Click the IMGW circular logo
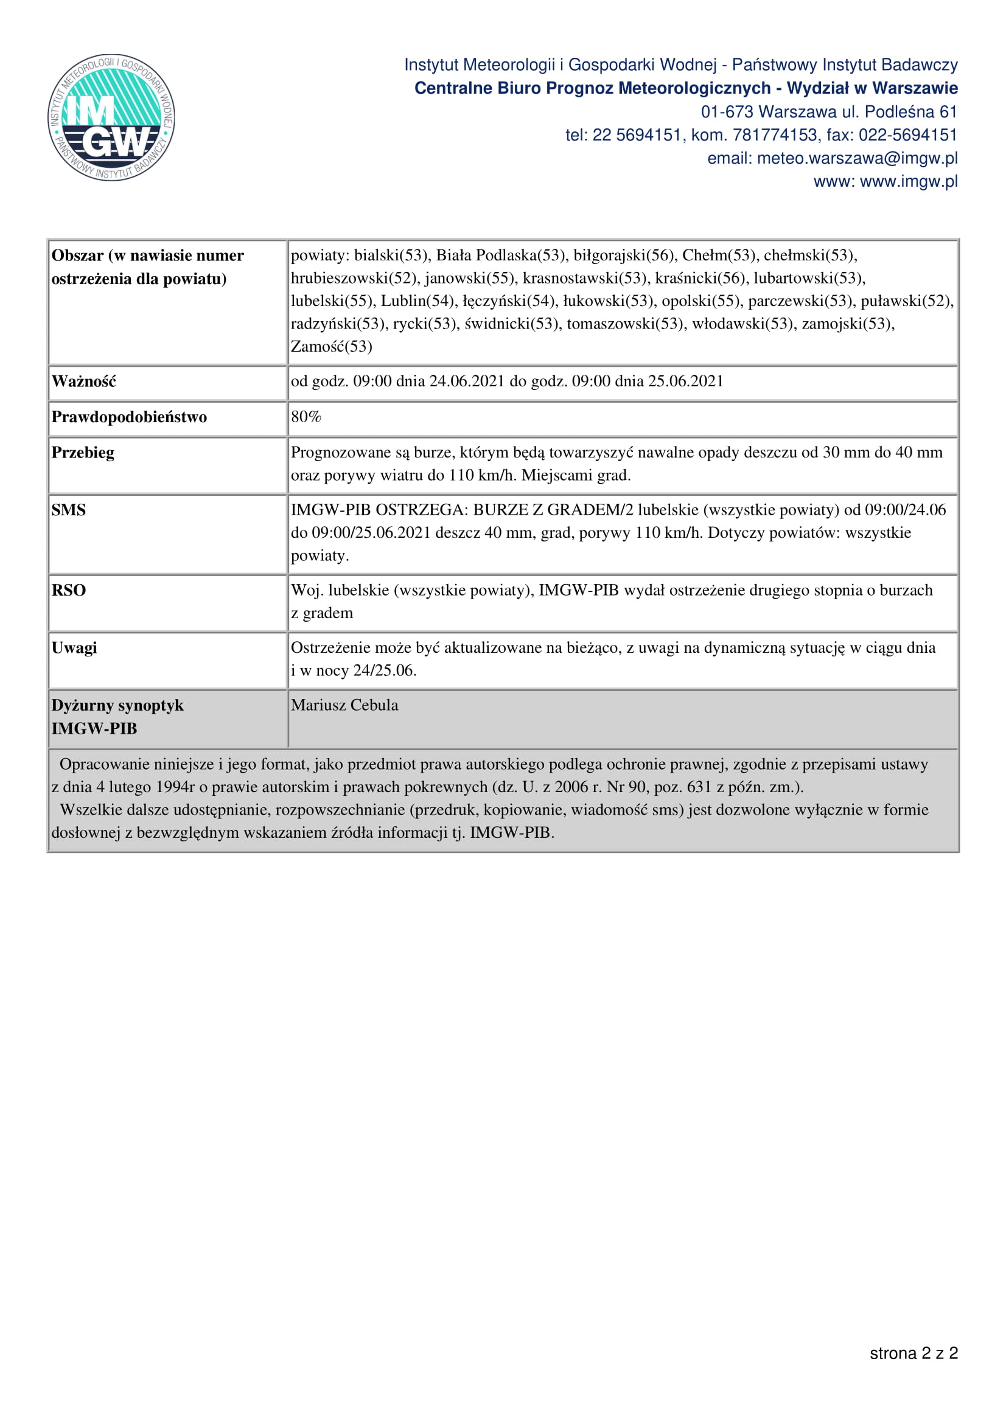(111, 118)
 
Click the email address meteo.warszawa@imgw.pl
(857, 159)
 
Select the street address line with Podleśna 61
(829, 112)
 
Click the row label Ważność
(83, 382)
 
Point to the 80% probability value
(306, 417)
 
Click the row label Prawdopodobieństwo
(129, 417)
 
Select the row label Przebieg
(83, 453)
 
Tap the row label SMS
(69, 510)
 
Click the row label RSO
(69, 591)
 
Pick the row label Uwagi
(74, 649)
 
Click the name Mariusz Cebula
(344, 705)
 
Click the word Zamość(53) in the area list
(332, 346)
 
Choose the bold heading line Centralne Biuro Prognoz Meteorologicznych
(685, 89)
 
